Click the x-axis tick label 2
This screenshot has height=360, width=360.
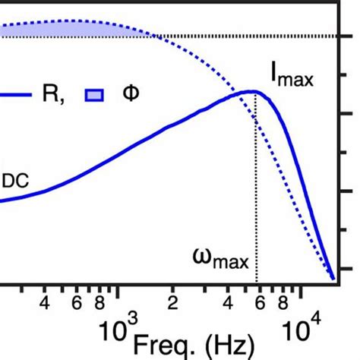click(172, 304)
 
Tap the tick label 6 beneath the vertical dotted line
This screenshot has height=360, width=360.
click(259, 304)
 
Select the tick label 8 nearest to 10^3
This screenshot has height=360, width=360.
click(98, 304)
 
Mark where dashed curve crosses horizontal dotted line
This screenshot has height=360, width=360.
click(152, 35)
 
